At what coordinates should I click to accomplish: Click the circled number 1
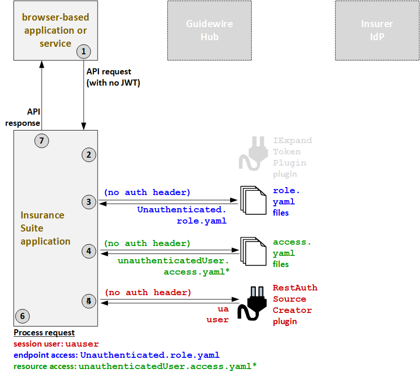tap(84, 51)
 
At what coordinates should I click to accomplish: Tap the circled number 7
tap(42, 140)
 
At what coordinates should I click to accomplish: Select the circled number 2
tap(89, 155)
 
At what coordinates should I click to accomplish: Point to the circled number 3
tap(89, 202)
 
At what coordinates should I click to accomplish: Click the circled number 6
tap(22, 316)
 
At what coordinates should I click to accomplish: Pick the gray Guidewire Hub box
tap(209, 30)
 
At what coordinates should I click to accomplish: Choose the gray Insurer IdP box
tap(377, 30)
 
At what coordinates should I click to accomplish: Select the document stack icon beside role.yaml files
tap(253, 200)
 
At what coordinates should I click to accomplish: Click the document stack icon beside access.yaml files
tap(253, 251)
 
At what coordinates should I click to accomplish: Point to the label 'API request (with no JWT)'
tap(113, 77)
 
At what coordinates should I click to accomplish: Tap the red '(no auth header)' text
tap(148, 292)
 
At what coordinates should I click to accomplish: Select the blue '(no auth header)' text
tap(147, 192)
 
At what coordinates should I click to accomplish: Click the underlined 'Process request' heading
tap(44, 333)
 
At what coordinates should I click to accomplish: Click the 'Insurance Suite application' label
tap(45, 228)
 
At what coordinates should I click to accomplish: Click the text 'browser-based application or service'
tap(55, 30)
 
